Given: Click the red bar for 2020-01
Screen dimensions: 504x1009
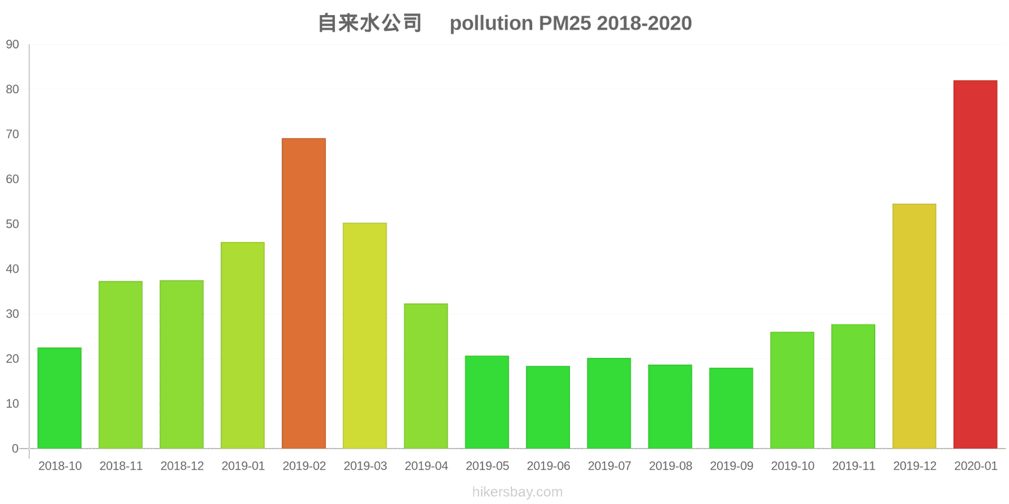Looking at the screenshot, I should (x=975, y=265).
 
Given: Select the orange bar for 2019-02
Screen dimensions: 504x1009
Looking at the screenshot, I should (x=304, y=294).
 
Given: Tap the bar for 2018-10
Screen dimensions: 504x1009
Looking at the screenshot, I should (x=59, y=398).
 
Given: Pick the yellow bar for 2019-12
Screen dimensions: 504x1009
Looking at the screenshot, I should (x=914, y=326).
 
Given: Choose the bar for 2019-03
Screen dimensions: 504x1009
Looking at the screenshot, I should (x=365, y=336).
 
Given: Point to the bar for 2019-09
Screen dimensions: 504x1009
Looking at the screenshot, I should (x=731, y=408).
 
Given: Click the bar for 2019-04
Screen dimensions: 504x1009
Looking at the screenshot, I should (x=426, y=376).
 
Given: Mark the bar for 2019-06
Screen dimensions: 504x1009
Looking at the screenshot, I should (x=548, y=407).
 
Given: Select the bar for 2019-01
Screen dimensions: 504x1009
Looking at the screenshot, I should (x=243, y=345).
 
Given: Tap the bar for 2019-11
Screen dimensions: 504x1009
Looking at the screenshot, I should (x=853, y=386).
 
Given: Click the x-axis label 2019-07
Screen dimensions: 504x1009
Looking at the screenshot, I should (x=609, y=466).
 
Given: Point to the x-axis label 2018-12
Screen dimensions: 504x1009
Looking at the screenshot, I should (x=182, y=466).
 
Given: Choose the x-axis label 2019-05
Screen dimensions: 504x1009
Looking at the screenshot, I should (x=487, y=466).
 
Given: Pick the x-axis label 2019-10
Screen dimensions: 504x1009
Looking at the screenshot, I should (x=792, y=466).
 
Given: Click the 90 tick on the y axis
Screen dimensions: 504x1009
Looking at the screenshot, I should (x=13, y=45).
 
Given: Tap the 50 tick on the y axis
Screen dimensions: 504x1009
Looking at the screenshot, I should (x=13, y=224).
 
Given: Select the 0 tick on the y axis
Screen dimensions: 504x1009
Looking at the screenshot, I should (x=15, y=449).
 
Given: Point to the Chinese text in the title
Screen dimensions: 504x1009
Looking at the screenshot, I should (x=370, y=23).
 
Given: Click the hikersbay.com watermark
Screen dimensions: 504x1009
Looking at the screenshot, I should (x=517, y=492).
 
